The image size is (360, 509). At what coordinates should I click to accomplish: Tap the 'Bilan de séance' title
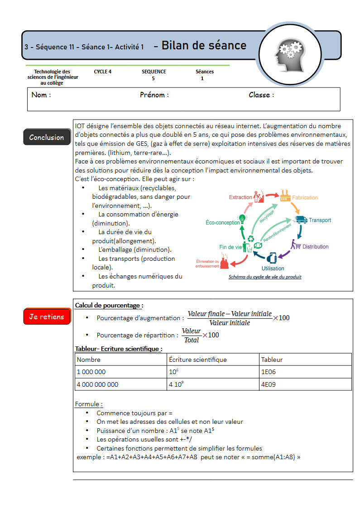coord(204,45)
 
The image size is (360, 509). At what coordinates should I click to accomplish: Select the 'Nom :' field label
coord(41,95)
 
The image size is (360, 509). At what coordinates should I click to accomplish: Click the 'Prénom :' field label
coord(154,95)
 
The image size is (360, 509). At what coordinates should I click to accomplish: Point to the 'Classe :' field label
coord(261,95)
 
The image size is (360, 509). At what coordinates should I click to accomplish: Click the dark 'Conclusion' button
coord(47,137)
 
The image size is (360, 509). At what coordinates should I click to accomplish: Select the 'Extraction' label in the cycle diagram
coord(240,197)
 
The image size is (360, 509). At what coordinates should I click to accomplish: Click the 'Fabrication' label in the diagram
coord(305,198)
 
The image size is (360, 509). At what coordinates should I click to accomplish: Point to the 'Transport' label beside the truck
coord(320,221)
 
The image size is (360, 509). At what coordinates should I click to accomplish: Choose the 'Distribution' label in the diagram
coord(315,247)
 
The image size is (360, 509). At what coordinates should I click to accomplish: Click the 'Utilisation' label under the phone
coord(273,269)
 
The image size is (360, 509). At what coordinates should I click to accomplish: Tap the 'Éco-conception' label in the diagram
coord(223,223)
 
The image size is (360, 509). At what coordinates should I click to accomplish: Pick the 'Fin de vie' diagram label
coord(230,247)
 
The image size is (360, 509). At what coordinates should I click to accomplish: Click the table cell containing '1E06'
coord(306,372)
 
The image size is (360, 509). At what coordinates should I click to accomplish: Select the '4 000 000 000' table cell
coord(120,384)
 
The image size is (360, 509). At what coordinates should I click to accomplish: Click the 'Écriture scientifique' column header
coord(197,360)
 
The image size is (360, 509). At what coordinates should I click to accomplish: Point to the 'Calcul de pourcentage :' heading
coord(109,306)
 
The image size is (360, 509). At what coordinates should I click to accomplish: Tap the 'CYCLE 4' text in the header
coord(103,72)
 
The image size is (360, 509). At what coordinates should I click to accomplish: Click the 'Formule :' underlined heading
coord(89,404)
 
